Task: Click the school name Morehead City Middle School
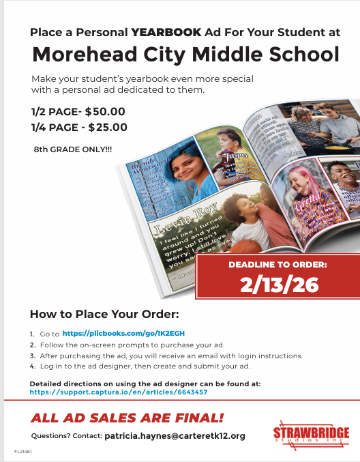click(186, 54)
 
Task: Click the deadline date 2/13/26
click(280, 284)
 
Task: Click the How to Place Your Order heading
click(104, 315)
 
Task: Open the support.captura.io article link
click(119, 392)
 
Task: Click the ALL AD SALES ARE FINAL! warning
click(127, 418)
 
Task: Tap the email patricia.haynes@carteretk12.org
click(175, 435)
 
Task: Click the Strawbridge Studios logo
click(311, 434)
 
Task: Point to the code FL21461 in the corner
click(22, 452)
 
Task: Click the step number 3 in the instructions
click(32, 356)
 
